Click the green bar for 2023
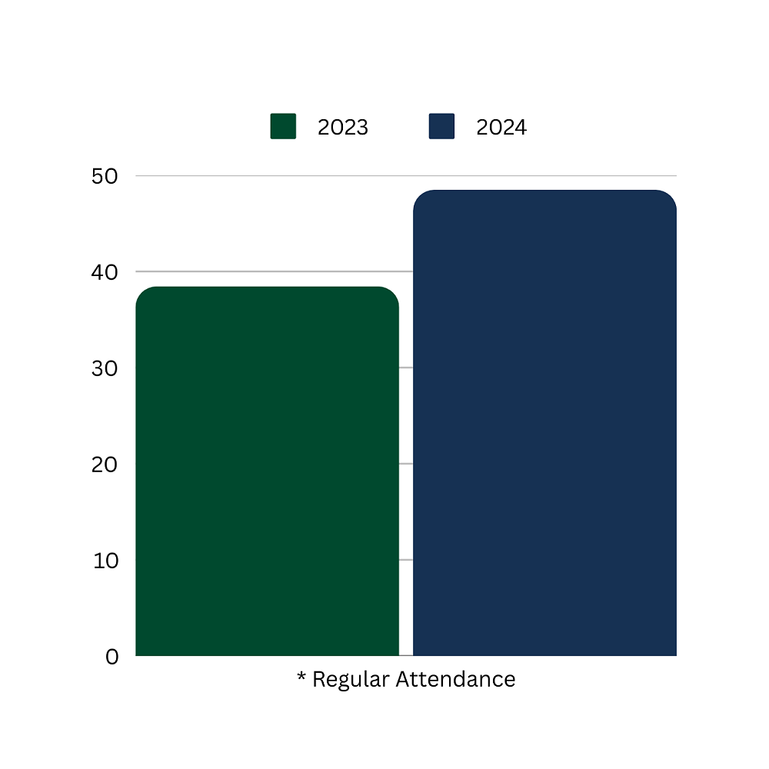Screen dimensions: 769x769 point(267,471)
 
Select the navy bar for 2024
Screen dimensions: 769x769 point(544,423)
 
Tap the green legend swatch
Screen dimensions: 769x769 point(283,126)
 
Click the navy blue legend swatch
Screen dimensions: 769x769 point(441,126)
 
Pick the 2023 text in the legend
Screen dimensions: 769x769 point(343,128)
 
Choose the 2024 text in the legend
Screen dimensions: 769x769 point(501,128)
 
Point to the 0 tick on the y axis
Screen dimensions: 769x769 point(112,657)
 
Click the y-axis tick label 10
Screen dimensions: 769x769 point(106,561)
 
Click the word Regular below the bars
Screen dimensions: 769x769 point(350,680)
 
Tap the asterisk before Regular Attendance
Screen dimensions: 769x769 point(301,678)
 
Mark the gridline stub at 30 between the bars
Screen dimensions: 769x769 point(406,368)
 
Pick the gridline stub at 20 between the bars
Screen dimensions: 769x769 point(406,464)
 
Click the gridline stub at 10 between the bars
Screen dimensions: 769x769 point(406,560)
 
